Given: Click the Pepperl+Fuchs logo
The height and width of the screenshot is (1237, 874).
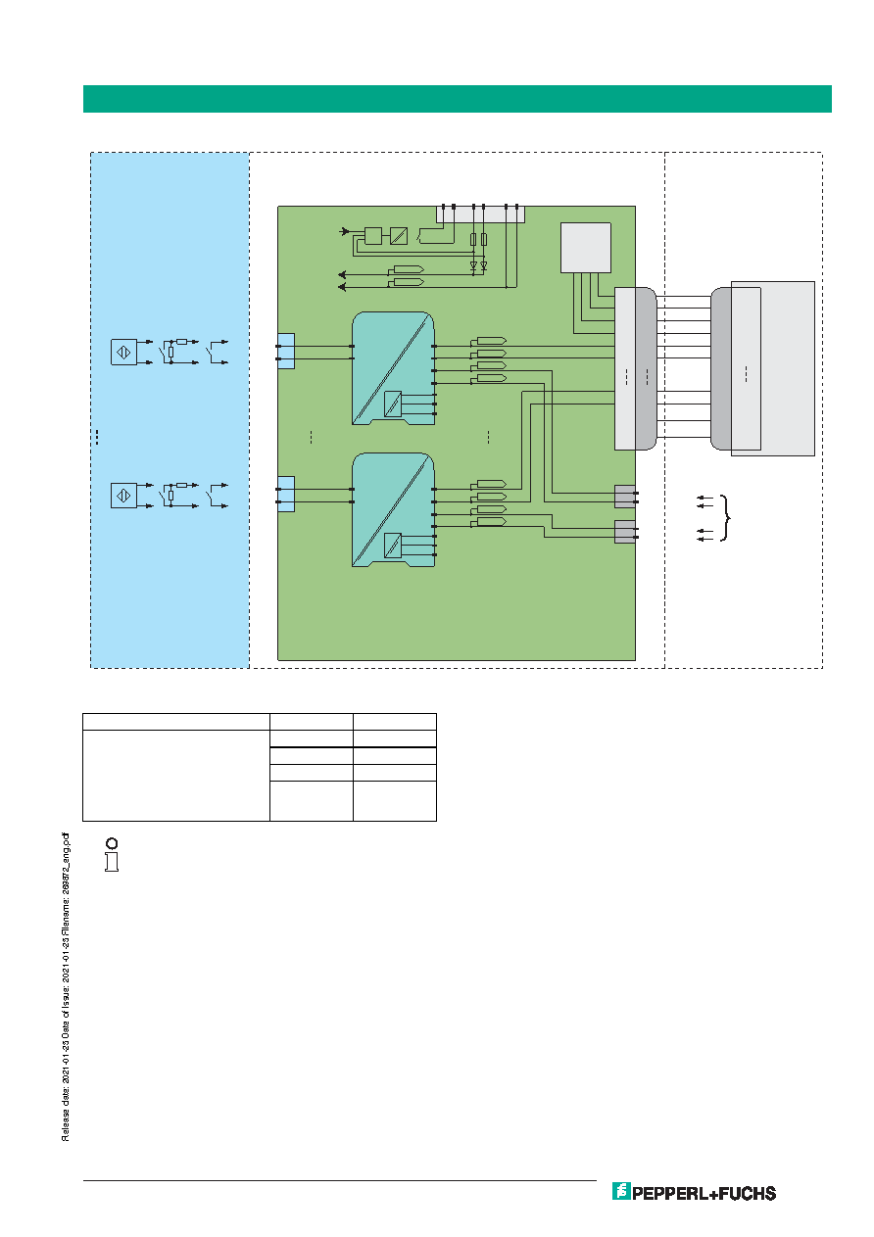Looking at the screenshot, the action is tap(694, 1192).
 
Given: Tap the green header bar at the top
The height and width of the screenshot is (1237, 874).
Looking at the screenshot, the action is tap(457, 99).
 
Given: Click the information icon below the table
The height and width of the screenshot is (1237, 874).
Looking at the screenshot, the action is tap(112, 855).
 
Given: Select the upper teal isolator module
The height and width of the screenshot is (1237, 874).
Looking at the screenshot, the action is tap(393, 368).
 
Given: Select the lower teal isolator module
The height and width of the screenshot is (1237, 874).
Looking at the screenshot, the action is tap(393, 509).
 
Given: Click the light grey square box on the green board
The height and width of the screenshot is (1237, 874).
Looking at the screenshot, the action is tap(586, 248).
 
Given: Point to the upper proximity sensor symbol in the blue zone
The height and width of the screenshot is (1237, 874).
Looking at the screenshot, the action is tap(123, 353).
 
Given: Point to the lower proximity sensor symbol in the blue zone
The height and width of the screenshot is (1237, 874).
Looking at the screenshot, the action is tap(123, 496).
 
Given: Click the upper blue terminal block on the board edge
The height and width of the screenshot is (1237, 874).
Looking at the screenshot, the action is tap(286, 351).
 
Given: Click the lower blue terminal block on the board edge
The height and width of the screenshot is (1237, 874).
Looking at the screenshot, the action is tap(286, 494).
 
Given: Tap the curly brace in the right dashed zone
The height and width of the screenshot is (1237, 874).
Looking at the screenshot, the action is tap(725, 518).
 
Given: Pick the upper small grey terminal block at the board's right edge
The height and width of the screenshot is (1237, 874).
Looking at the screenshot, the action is tap(625, 497).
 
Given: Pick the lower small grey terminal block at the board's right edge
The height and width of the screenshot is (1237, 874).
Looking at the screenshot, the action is tap(625, 532).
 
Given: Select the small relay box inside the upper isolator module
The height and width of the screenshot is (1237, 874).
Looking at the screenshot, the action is tap(392, 404).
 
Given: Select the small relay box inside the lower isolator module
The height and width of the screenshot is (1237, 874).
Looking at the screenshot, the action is tap(392, 546).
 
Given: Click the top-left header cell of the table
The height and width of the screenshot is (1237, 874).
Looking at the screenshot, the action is tap(176, 722).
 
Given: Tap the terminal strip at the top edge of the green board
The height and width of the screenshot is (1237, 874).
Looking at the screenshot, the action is tap(480, 214).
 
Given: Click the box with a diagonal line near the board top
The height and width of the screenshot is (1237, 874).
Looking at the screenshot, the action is tap(399, 236).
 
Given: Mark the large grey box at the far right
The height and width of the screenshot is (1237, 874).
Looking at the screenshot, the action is tap(772, 368).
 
